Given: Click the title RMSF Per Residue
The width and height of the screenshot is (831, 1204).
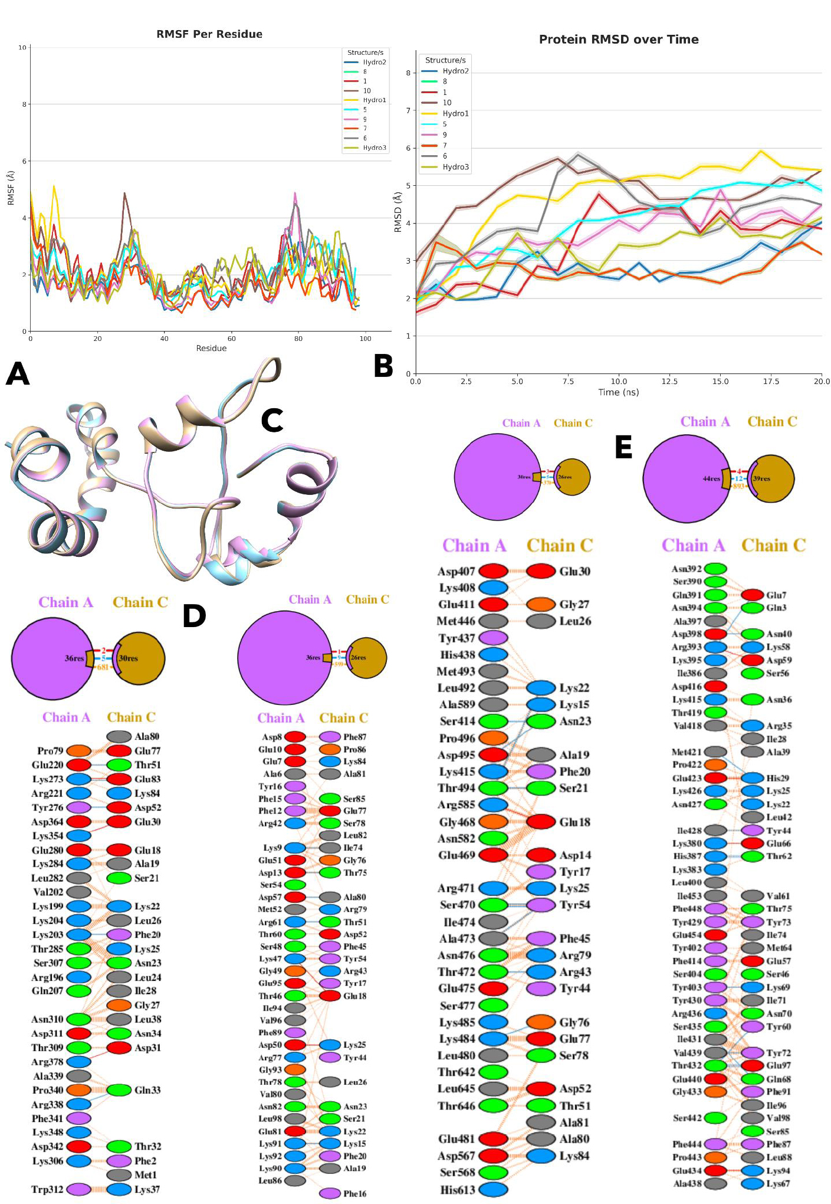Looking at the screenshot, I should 209,34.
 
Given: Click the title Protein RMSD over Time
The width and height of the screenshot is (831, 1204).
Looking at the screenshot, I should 619,40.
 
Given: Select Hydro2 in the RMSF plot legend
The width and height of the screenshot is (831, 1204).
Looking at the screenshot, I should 374,63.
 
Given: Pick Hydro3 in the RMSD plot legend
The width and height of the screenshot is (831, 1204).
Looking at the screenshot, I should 455,167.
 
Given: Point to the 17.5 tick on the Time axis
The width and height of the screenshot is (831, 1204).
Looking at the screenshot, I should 770,382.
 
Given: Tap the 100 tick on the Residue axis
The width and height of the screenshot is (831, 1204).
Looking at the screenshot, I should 366,339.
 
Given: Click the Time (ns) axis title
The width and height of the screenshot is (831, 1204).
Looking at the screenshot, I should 618,392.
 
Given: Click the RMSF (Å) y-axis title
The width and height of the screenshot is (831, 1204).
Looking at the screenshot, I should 11,188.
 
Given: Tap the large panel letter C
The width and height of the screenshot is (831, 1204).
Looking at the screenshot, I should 272,421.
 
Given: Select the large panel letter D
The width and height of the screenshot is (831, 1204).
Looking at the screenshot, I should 195,616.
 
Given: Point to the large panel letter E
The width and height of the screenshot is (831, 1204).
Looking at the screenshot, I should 623,447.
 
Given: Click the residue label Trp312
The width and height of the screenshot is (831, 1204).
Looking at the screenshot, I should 47,1189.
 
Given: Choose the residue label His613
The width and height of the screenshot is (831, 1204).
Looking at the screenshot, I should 457,1189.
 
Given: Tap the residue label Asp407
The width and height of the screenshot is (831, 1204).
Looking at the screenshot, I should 456,571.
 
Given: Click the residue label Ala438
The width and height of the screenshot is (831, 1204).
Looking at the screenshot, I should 687,1183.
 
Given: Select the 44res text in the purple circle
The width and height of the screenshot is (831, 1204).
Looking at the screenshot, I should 711,478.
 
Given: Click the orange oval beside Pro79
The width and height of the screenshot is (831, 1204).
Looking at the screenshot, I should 79,751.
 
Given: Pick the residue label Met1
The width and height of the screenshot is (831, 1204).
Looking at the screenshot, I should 146,1175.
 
